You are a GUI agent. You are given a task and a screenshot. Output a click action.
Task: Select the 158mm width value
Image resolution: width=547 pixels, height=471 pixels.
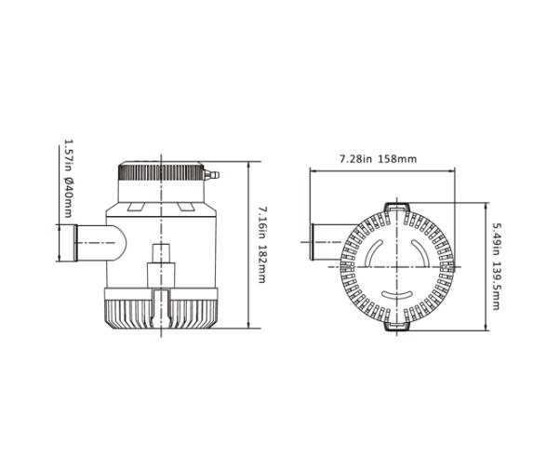pos(398,159)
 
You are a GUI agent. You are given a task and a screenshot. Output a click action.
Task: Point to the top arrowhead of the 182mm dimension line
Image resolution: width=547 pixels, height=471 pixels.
pos(249,162)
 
